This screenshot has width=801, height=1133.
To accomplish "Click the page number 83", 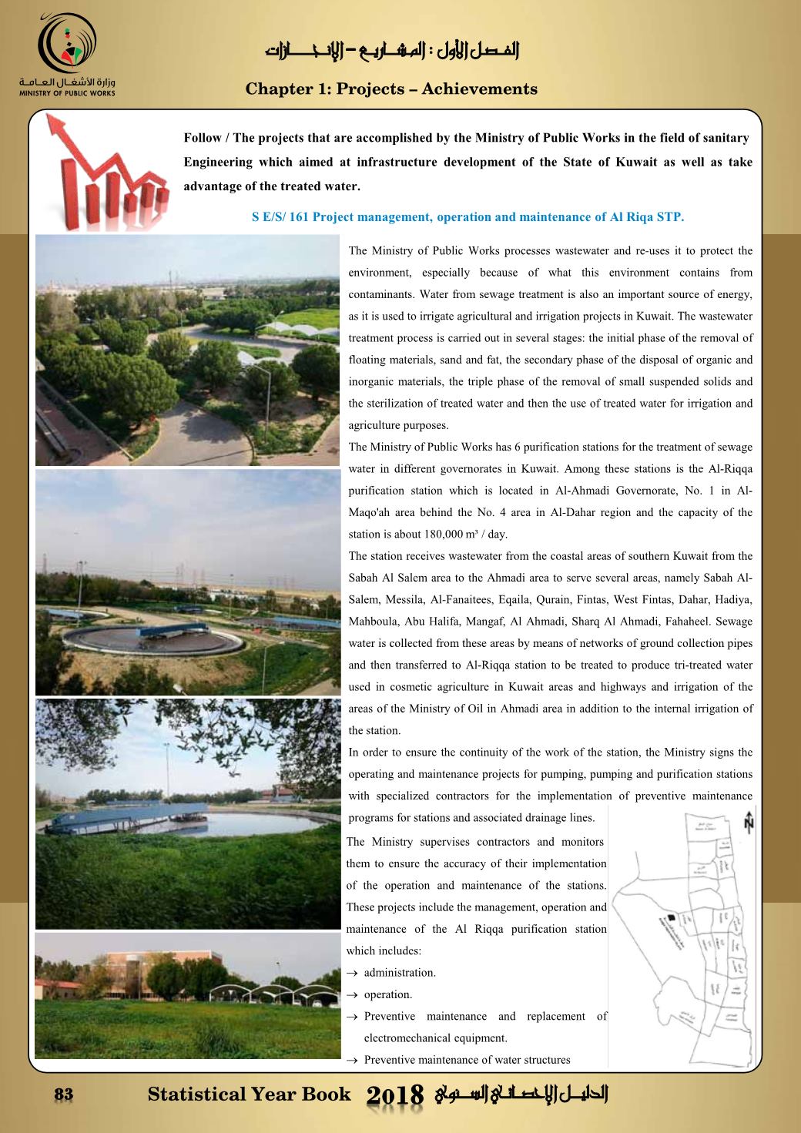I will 63,1094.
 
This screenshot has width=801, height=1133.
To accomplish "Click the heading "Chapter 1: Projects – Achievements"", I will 391,89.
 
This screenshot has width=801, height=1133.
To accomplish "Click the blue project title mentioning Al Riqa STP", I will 468,217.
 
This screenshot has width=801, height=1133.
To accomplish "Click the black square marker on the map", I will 670,917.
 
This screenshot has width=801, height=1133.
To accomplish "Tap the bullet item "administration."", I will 400,973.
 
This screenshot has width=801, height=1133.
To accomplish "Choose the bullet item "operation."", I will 388,994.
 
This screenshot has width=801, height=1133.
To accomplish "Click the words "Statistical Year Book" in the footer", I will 249,1094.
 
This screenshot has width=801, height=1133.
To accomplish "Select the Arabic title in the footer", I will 521,1094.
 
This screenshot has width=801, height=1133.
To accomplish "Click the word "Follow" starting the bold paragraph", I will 202,139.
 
